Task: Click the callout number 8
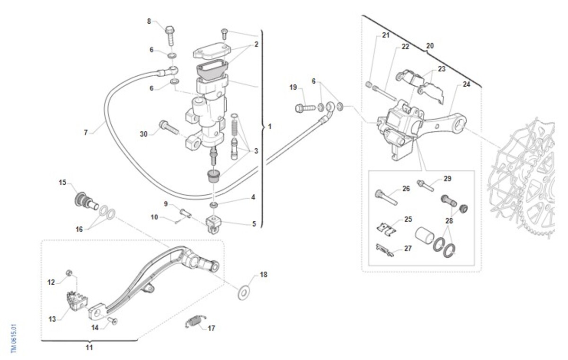tap(149, 21)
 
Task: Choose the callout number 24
tap(467, 85)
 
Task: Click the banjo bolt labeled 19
tap(305, 108)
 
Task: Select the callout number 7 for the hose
tap(86, 133)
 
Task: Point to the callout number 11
tap(89, 347)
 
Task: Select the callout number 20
tap(430, 46)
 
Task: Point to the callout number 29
tap(447, 179)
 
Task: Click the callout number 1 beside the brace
tap(270, 126)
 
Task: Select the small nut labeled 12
tap(69, 273)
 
